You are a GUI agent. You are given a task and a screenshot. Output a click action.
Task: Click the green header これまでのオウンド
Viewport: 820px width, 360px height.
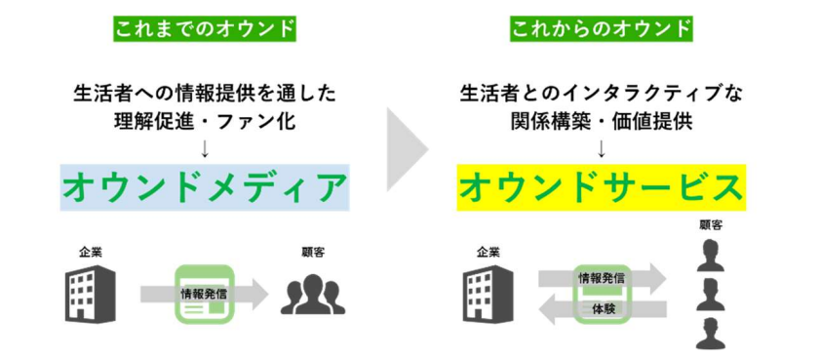[x=204, y=27]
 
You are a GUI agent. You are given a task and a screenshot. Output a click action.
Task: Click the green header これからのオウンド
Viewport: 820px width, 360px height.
[x=601, y=27]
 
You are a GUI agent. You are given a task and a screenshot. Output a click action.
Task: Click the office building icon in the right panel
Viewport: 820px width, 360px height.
[x=488, y=292]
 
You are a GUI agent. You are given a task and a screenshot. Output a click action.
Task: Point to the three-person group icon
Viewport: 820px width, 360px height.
[x=313, y=293]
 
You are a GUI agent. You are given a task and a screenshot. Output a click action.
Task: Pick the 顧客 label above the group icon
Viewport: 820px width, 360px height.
[x=314, y=252]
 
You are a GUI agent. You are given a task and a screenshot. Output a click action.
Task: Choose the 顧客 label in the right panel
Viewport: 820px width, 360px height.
[x=710, y=224]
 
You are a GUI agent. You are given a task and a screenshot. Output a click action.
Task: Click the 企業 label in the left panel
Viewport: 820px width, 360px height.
[x=91, y=252]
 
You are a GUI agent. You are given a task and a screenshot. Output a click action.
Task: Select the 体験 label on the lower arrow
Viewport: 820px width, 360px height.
[x=602, y=308]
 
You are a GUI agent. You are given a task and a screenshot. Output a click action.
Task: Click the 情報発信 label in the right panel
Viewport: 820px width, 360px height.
[x=602, y=278]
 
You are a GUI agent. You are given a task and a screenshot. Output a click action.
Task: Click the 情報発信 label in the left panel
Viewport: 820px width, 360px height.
[x=205, y=292]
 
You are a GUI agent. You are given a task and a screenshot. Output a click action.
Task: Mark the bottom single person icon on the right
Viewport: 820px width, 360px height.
[x=710, y=333]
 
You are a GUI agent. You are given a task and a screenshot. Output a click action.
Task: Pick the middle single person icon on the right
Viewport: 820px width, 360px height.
[x=710, y=292]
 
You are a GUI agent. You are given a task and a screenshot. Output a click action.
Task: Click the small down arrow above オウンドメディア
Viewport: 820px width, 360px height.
[x=205, y=148]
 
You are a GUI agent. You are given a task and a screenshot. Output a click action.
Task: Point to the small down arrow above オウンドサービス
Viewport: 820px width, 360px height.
[x=601, y=148]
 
